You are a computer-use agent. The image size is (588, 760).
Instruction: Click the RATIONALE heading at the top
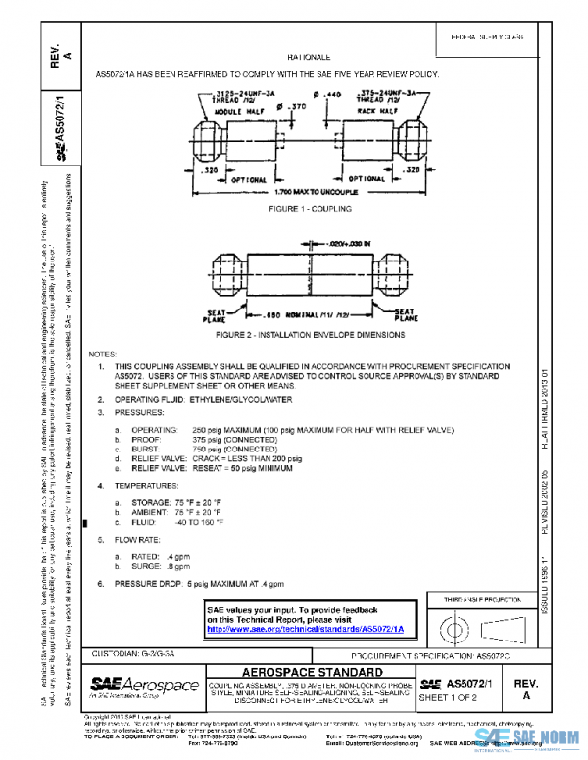point(315,60)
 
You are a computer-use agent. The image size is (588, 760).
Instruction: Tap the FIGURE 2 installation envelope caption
point(310,335)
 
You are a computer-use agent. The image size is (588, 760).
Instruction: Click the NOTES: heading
point(103,353)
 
